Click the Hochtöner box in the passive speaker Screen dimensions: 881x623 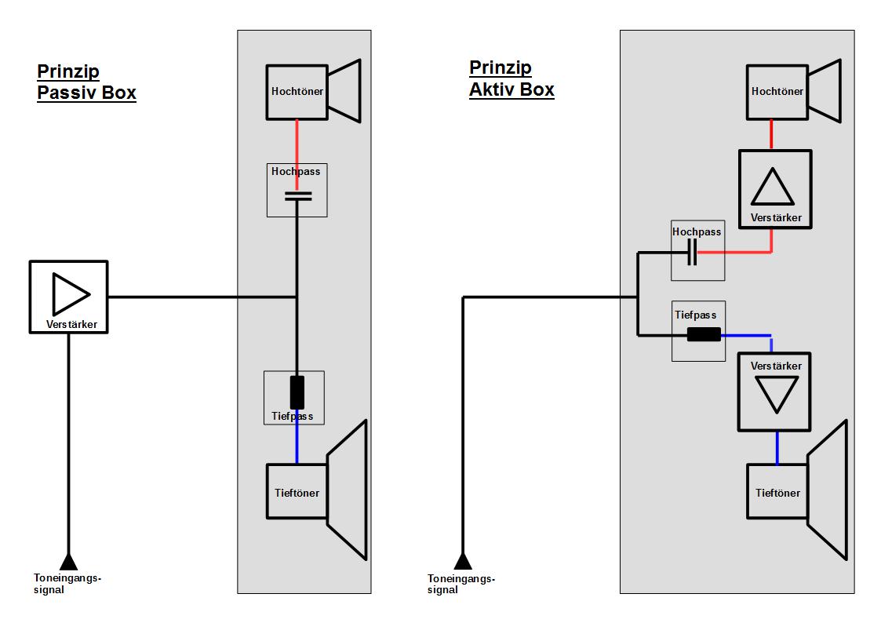point(297,92)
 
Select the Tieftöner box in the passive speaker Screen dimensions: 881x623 point(297,491)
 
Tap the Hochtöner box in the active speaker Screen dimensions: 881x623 point(777,92)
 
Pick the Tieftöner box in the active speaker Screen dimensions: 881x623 point(777,491)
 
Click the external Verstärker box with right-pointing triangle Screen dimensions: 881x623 point(68,297)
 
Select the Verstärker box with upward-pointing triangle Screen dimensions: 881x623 point(775,189)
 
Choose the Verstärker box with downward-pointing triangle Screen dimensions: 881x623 point(774,392)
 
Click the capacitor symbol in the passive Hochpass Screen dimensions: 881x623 point(298,196)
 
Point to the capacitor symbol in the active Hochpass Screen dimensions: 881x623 point(692,252)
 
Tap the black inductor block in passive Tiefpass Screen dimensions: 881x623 point(297,392)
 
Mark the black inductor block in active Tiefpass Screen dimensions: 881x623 point(704,335)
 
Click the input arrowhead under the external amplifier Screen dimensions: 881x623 point(68,562)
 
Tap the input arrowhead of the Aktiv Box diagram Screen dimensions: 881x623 point(463,561)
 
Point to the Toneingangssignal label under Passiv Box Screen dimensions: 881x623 point(67,584)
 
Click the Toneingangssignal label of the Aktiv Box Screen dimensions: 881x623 point(461,584)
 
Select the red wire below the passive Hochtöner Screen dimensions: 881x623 point(297,155)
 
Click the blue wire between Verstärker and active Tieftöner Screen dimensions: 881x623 point(777,448)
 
